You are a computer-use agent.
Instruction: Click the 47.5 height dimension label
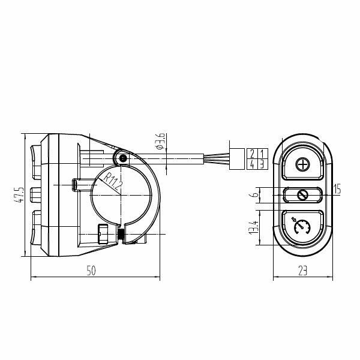click(19, 194)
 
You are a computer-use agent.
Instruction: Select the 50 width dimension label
click(91, 271)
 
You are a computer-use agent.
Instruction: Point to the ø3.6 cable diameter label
click(160, 141)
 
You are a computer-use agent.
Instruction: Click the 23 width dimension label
click(302, 271)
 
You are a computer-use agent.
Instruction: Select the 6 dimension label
click(255, 195)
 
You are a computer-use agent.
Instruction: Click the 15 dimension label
click(337, 189)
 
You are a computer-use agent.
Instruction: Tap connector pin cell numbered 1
click(263, 154)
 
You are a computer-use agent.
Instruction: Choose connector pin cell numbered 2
click(252, 154)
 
